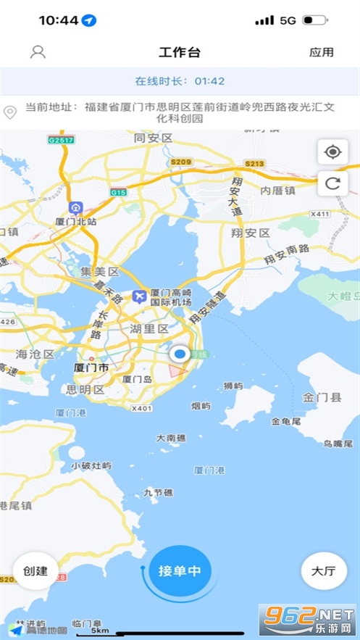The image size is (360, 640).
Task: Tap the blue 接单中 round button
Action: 180,570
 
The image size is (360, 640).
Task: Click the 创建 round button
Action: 35,570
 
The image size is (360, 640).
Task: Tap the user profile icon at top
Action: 38,51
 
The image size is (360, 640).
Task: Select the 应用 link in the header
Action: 322,52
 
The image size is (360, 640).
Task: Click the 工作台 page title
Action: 180,52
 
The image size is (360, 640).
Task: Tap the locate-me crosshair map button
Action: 333,152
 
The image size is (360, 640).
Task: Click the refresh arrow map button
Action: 333,183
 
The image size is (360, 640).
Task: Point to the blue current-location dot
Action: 180,354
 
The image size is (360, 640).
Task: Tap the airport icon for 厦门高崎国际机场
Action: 140,296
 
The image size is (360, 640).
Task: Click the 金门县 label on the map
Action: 317,397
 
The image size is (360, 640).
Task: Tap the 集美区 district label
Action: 99,272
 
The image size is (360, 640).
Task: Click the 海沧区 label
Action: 35,354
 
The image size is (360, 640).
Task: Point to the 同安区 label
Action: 153,138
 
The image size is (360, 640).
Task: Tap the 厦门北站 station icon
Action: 75,208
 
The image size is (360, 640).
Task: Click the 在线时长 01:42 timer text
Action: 180,81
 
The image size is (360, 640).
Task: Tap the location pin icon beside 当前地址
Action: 10,112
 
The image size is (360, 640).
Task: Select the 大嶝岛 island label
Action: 342,296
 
